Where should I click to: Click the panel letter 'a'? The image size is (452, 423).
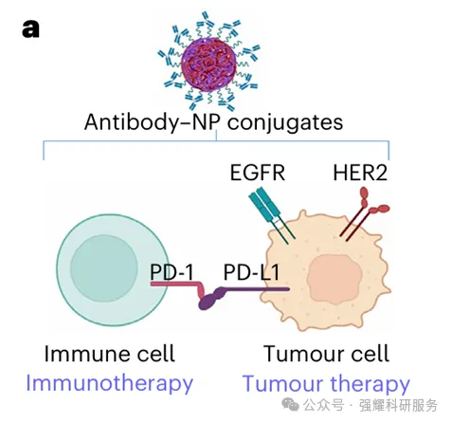pos(30,29)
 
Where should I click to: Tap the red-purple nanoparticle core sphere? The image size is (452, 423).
pos(208,64)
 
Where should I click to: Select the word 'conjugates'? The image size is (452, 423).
pos(285,123)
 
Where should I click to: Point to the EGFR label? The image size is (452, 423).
pos(258,173)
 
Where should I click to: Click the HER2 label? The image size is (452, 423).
pos(360,173)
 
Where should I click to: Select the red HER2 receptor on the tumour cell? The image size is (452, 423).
pos(365,213)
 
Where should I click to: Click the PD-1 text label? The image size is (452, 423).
pos(172,272)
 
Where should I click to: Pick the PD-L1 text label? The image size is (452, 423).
pos(251,272)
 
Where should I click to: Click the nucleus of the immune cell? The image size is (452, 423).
pos(104,268)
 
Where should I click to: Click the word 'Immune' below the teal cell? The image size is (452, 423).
pos(83,354)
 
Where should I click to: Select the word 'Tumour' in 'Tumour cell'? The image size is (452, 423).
pos(301,354)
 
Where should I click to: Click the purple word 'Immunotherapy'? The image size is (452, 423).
pos(109,384)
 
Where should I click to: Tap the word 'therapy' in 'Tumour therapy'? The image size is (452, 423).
pos(370,384)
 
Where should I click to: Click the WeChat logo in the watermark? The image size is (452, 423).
pos(290,404)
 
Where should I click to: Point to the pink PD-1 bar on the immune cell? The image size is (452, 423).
pos(177,285)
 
